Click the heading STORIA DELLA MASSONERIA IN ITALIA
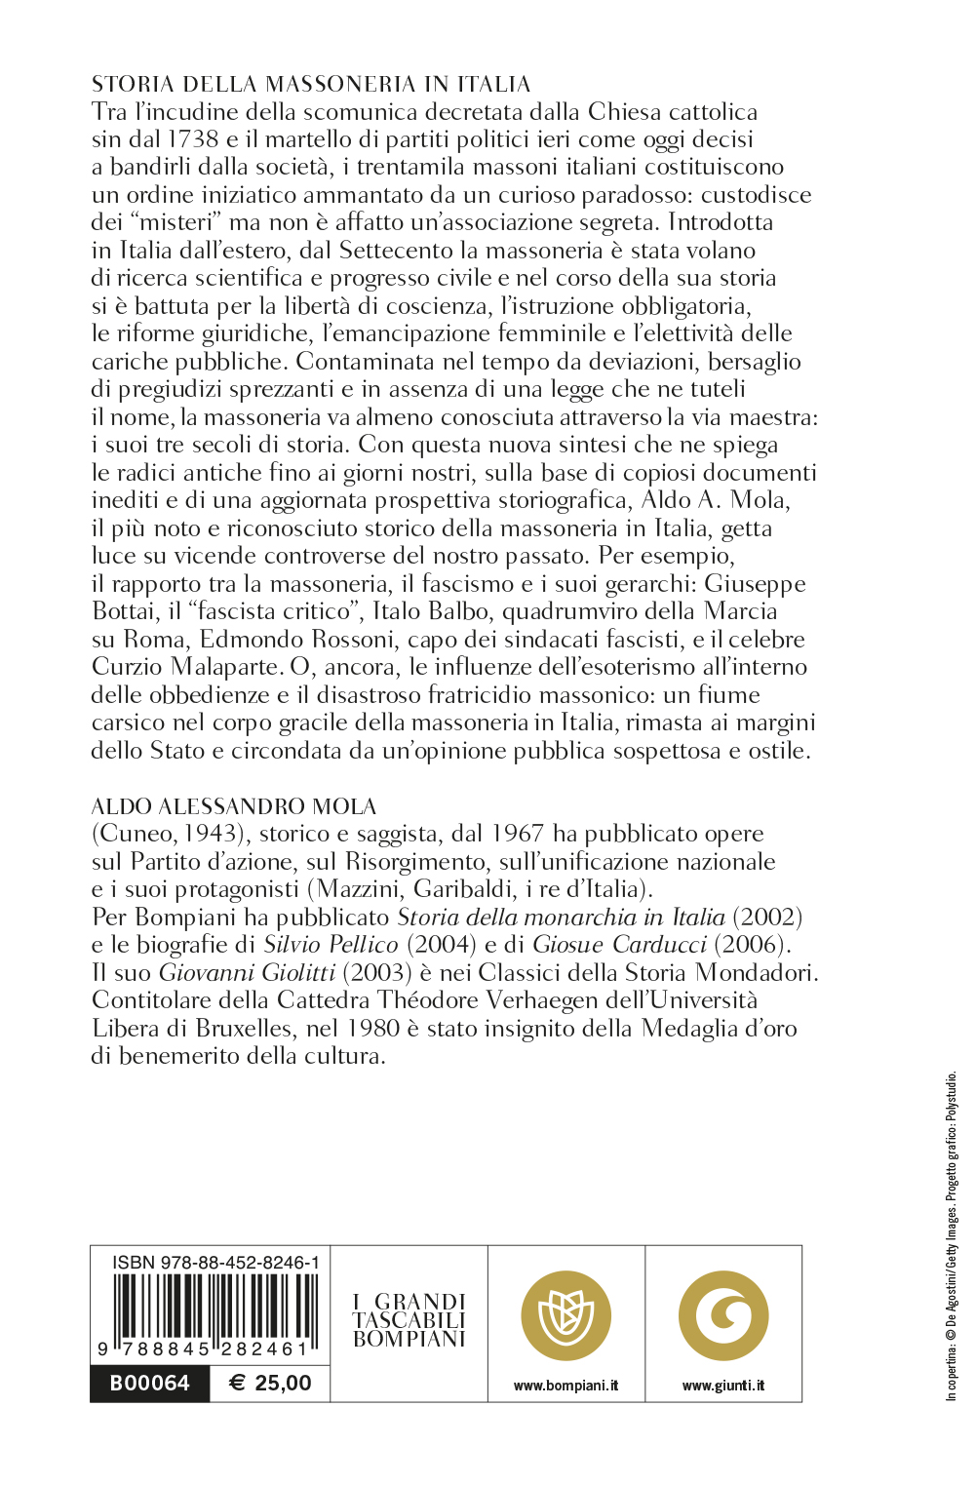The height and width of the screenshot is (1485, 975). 311,84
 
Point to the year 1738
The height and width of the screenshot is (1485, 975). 193,139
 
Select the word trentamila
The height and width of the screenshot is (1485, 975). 416,167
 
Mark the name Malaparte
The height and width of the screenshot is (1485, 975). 225,668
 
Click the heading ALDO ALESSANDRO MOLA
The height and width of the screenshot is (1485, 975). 234,806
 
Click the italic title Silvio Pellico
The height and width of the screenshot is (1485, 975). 331,945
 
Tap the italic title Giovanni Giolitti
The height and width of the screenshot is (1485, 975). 248,973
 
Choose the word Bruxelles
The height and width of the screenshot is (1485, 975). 244,1029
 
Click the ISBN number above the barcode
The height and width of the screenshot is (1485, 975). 215,1263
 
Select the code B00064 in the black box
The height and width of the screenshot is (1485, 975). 149,1384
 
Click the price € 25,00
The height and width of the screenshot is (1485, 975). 270,1384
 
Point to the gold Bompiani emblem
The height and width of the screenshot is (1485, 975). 565,1316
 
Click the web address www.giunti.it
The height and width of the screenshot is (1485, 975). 723,1386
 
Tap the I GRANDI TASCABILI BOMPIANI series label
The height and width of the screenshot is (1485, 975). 409,1320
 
